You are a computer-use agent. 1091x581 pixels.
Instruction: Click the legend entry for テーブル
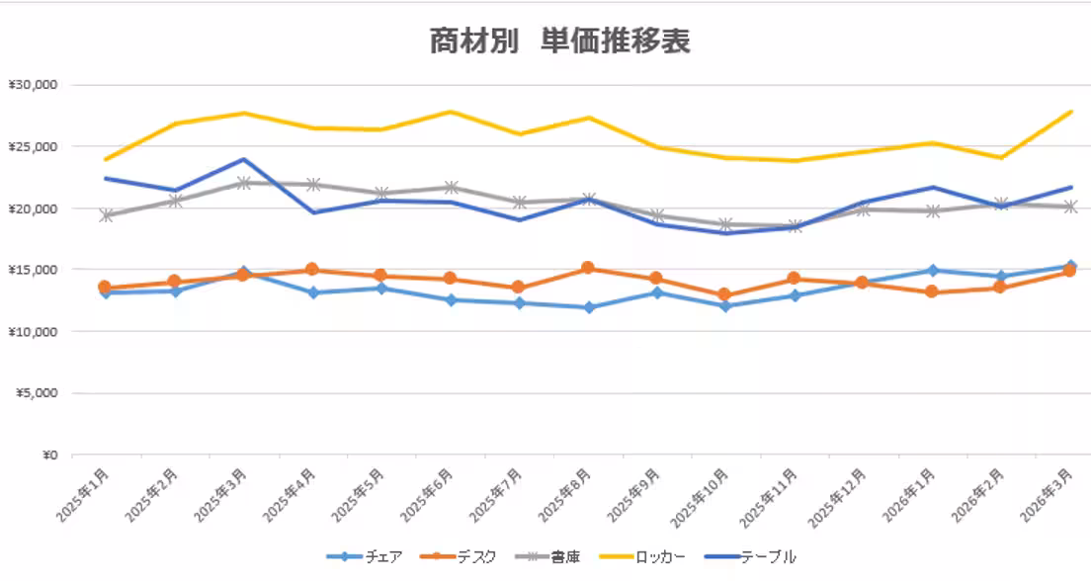(750, 556)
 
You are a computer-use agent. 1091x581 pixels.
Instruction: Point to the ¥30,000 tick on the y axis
(35, 85)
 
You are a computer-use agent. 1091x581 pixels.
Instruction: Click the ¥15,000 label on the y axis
(35, 270)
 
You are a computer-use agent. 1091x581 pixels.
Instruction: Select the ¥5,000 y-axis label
(38, 393)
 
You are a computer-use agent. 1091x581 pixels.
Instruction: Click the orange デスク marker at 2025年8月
(588, 268)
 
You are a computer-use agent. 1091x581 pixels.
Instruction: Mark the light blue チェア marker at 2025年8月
(588, 307)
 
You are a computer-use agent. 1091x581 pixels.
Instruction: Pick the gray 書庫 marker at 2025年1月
(105, 215)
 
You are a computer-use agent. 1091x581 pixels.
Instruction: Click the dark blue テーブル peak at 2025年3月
(243, 159)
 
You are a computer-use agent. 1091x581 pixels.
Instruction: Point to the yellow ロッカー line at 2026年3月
(1070, 112)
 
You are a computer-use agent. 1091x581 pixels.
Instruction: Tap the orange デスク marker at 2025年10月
(725, 294)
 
